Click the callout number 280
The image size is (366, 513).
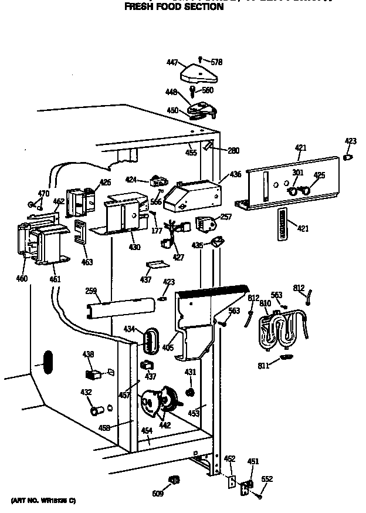[x=233, y=151]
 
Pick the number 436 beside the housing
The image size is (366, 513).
[x=235, y=174]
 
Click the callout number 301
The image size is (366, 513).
[x=298, y=173]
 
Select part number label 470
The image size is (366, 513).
[x=43, y=194]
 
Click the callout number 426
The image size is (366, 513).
[x=105, y=182]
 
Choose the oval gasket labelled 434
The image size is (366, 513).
[x=152, y=341]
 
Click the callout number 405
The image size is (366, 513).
[x=168, y=348]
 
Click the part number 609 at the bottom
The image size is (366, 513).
[x=157, y=494]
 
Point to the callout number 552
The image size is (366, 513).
[x=267, y=480]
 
